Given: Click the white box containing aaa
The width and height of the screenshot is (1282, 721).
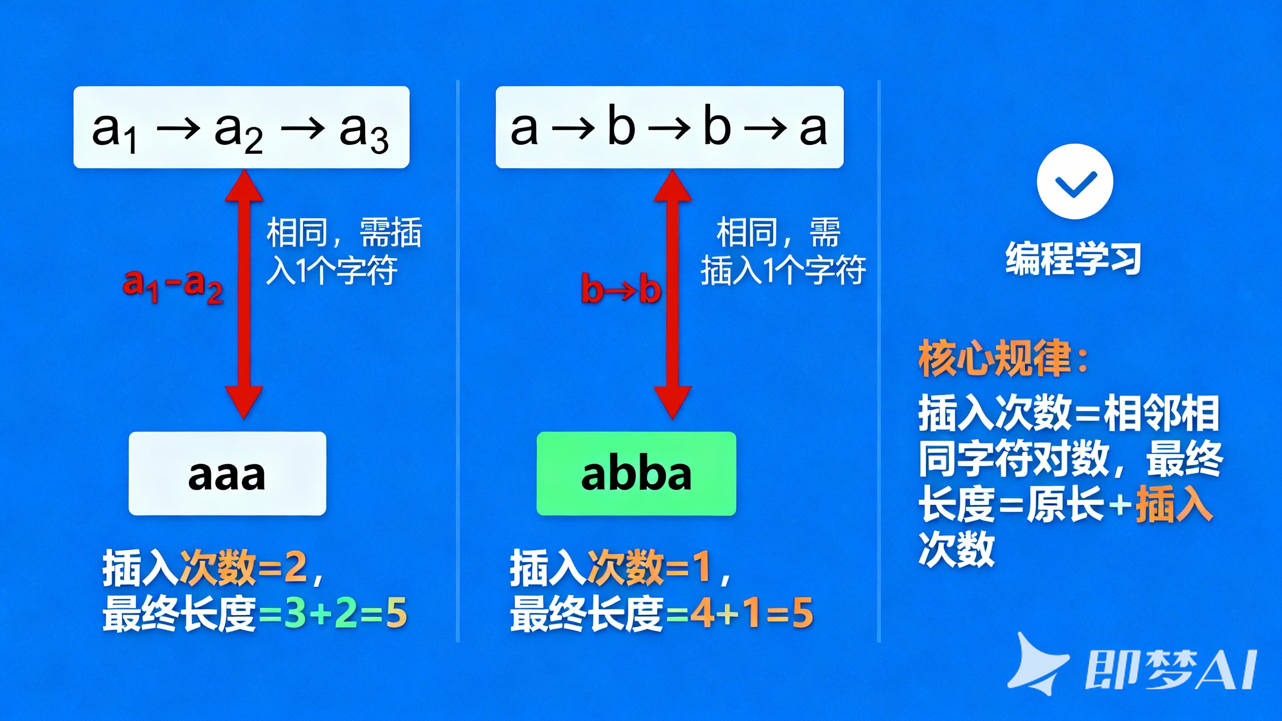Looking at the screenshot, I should [227, 474].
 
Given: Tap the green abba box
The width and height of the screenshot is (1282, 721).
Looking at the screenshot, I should [636, 474].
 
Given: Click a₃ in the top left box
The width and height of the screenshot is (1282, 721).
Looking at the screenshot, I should [364, 131].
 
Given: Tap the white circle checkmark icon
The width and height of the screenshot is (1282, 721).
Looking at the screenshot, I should [1075, 181].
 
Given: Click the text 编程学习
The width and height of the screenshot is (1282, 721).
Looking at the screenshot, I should [1073, 258].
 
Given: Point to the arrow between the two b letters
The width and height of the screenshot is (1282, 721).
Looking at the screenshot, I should [669, 128].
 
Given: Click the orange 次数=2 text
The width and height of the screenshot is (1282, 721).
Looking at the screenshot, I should [243, 568].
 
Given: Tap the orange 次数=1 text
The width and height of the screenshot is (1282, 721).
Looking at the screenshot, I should [649, 568].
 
